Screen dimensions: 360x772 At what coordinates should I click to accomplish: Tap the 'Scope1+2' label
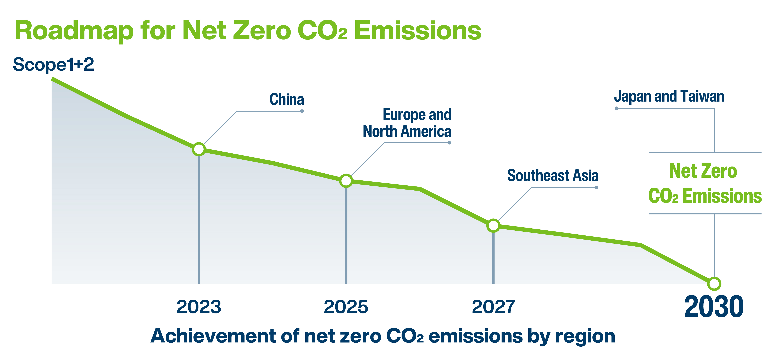(x=53, y=64)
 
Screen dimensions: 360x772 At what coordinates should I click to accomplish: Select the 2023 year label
(x=199, y=307)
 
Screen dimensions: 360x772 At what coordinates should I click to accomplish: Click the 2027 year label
(x=493, y=307)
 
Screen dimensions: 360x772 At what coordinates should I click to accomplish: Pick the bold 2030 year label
(x=714, y=307)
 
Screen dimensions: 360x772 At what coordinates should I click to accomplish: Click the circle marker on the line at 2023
(x=199, y=149)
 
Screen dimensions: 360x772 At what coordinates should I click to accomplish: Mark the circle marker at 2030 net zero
(x=714, y=284)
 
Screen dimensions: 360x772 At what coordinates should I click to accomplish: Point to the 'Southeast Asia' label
(x=553, y=176)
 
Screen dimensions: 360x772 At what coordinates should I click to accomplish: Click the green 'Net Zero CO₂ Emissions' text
(x=705, y=184)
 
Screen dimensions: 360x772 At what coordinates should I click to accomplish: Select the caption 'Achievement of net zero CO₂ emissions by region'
(x=383, y=336)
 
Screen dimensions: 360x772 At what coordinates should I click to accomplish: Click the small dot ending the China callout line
(x=302, y=111)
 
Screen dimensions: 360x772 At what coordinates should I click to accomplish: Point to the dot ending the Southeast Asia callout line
(x=596, y=188)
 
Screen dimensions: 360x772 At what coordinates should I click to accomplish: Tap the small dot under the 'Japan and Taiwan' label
(x=616, y=108)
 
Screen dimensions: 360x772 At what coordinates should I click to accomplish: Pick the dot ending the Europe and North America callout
(x=449, y=143)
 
